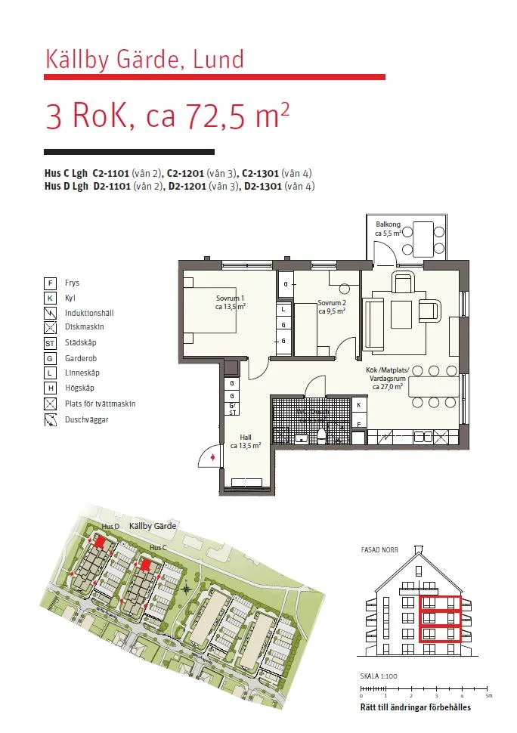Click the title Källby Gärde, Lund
[x=145, y=59]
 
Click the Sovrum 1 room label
[x=231, y=302]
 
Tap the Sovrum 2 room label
[x=332, y=306]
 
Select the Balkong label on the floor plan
[x=389, y=229]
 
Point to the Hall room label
[x=246, y=441]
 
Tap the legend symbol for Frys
[x=50, y=283]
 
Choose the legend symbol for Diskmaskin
[x=50, y=328]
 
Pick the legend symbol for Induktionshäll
[x=50, y=313]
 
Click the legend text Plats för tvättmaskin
[x=100, y=404]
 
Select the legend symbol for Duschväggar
[x=50, y=419]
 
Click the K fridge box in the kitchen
[x=358, y=405]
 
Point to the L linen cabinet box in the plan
[x=283, y=309]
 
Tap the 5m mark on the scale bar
[x=488, y=695]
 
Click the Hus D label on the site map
[x=110, y=526]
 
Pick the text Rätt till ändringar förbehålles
[x=415, y=708]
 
